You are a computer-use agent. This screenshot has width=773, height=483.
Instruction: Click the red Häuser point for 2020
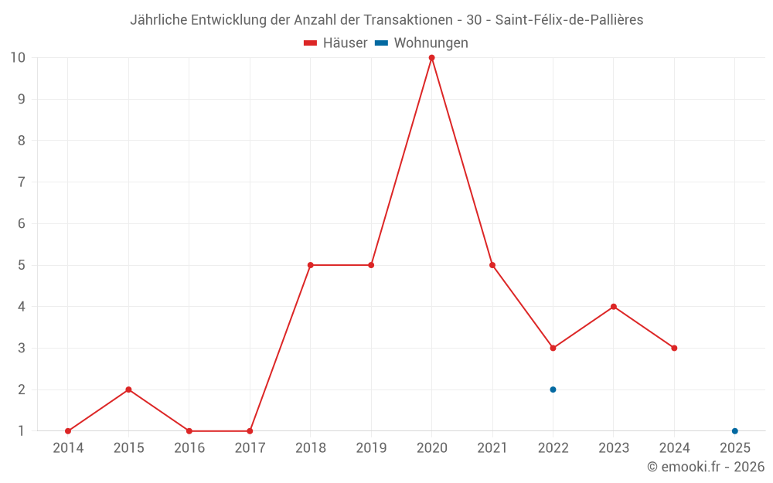pos(431,58)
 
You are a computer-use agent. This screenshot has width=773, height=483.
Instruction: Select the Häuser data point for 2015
pos(128,389)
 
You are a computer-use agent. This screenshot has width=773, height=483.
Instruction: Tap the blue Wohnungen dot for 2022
pos(553,389)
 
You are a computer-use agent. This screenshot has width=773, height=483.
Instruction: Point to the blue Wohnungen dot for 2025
pos(735,431)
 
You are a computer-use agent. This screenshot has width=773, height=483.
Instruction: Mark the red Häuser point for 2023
pos(614,307)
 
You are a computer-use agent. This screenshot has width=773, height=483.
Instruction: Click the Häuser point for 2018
pos(311,265)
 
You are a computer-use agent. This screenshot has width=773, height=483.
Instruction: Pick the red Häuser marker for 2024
pos(674,348)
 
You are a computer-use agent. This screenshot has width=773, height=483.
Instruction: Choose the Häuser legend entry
pos(335,43)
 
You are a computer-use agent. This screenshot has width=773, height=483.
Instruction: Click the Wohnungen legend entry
pos(422,43)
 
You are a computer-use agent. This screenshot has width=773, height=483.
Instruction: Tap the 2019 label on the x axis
pos(371,448)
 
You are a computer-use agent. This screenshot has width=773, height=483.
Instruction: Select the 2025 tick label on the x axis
pos(735,448)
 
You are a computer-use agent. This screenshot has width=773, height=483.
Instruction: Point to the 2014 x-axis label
pos(68,448)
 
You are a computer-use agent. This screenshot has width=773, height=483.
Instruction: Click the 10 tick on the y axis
pos(18,57)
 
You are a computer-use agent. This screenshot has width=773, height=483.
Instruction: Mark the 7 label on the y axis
pos(22,182)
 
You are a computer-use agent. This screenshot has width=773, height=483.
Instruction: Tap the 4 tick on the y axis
pos(22,307)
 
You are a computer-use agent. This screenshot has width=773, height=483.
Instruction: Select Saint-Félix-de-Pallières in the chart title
pos(569,20)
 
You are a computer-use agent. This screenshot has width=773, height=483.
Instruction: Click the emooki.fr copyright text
pos(706,467)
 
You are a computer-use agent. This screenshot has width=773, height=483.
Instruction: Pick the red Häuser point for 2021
pos(492,265)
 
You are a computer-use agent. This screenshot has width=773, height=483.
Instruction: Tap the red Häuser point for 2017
pos(250,431)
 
